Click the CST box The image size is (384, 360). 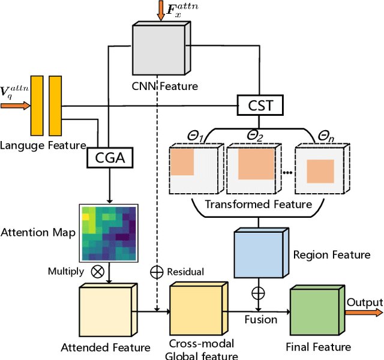point(260,106)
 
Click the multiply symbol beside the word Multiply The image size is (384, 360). point(97,271)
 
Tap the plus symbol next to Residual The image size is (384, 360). point(157,272)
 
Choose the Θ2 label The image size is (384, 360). point(256,136)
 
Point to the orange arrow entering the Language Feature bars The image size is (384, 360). point(15,106)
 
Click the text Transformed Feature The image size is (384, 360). point(259,204)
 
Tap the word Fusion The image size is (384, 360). point(260,320)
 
